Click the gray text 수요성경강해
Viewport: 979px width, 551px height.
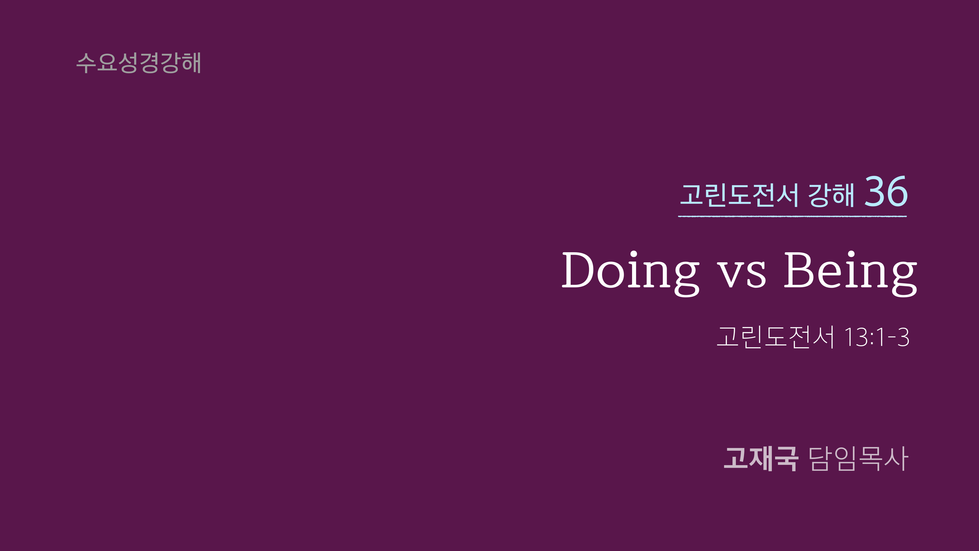click(138, 63)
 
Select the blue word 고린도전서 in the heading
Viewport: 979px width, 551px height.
click(739, 195)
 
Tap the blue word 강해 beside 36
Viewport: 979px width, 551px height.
click(831, 195)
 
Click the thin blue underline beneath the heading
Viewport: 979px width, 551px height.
click(792, 216)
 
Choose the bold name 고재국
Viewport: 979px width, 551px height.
click(760, 459)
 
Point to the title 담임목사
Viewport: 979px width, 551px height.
click(858, 459)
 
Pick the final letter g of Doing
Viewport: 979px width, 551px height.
click(687, 279)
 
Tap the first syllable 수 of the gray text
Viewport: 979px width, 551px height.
click(86, 63)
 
